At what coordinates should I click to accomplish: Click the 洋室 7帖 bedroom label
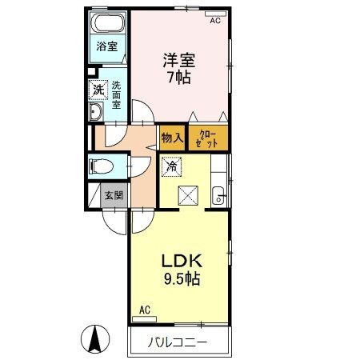coord(179,69)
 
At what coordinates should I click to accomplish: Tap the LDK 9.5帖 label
coord(182,270)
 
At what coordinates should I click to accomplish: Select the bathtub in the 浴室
coord(108,22)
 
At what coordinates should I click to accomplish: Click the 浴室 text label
coord(107,46)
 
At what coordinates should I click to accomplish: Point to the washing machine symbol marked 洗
coord(98,90)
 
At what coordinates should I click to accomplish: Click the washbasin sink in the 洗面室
coord(95,111)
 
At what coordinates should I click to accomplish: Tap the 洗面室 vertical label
coord(116,95)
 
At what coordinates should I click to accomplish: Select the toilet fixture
coord(101,166)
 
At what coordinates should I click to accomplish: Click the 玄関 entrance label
coord(114,195)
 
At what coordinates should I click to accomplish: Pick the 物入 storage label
coord(172,138)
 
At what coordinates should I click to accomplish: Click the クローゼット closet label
coord(206,139)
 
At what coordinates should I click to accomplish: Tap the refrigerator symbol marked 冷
coord(172,166)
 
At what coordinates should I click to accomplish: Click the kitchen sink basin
coord(218,196)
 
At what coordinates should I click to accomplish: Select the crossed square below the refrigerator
coord(188,195)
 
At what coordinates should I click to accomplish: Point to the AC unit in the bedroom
coord(215,14)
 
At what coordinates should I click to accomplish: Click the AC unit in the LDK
coord(144,319)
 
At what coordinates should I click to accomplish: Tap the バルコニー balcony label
coord(178,342)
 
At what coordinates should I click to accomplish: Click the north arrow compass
coord(95,339)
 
